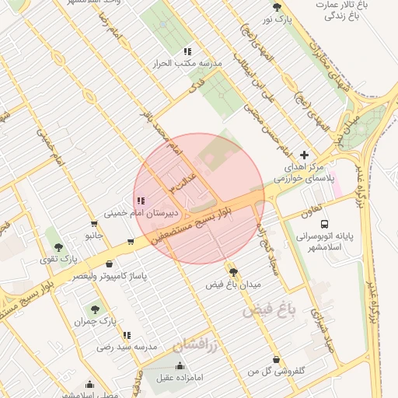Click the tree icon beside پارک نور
[x=278, y=8]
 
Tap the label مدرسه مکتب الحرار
[x=190, y=63]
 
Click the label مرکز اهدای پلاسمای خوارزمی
[x=304, y=173]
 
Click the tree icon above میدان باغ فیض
[x=234, y=272]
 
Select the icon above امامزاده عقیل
[x=180, y=365]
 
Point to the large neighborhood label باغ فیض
[x=270, y=310]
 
